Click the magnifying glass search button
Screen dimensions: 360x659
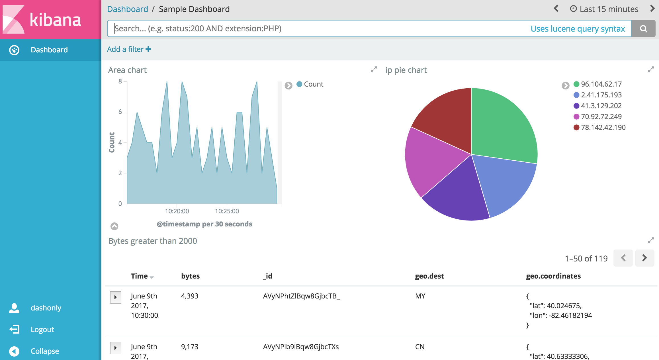[643, 28]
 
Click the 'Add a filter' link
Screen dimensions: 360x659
[129, 49]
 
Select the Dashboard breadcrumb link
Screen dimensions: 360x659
[128, 9]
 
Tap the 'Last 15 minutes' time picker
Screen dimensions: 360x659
[604, 9]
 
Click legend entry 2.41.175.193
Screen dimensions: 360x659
[601, 95]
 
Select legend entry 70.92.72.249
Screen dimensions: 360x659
[601, 116]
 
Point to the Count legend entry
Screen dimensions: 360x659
[313, 84]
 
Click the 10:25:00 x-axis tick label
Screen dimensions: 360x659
[227, 211]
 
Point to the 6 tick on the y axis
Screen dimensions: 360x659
[120, 112]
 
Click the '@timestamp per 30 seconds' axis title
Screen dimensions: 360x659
[204, 224]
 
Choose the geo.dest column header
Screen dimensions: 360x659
[429, 276]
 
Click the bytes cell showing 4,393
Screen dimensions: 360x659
[190, 296]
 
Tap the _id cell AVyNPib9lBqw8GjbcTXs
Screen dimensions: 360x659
[301, 347]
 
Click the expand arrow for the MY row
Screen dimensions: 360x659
[116, 297]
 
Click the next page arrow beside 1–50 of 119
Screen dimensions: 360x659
[644, 258]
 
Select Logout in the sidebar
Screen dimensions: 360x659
[42, 330]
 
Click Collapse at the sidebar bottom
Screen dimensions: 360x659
[45, 351]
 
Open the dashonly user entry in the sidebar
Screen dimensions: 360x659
[46, 308]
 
